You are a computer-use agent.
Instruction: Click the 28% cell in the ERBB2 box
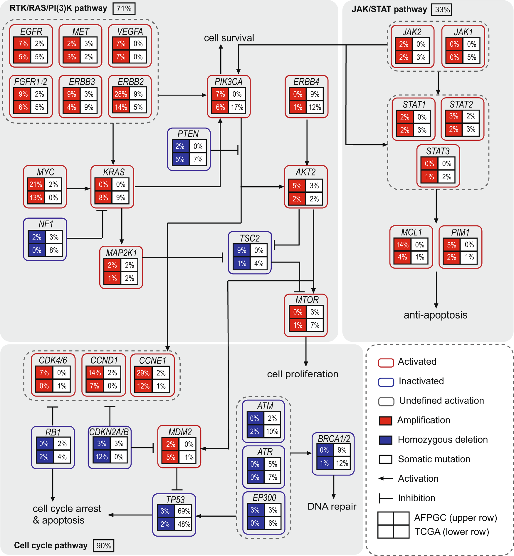click(x=121, y=94)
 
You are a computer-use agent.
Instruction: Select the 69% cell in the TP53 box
click(x=184, y=511)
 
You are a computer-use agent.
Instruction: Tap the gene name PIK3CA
click(x=229, y=82)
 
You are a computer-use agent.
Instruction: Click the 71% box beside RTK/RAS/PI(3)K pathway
click(x=124, y=8)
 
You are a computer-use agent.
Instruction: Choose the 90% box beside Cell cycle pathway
click(x=104, y=546)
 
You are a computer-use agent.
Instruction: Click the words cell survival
click(x=229, y=38)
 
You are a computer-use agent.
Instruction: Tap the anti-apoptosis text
click(x=435, y=315)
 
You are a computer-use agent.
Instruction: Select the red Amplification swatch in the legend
click(x=385, y=421)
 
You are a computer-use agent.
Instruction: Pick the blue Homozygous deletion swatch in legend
click(x=385, y=440)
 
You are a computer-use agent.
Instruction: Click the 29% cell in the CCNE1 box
click(x=143, y=373)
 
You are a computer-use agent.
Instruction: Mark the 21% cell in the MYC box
click(x=36, y=185)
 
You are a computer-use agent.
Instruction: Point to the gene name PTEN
click(x=188, y=134)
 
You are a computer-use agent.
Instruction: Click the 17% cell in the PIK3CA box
click(x=237, y=107)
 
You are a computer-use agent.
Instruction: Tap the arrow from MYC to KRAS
click(x=78, y=188)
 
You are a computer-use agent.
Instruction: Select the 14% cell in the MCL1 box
click(x=402, y=244)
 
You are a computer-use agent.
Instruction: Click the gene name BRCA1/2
click(x=334, y=439)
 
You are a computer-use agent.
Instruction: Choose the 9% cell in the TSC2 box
click(x=241, y=250)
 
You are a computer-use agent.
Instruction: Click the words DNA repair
click(x=332, y=506)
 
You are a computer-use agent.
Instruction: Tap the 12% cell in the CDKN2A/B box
click(x=102, y=457)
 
